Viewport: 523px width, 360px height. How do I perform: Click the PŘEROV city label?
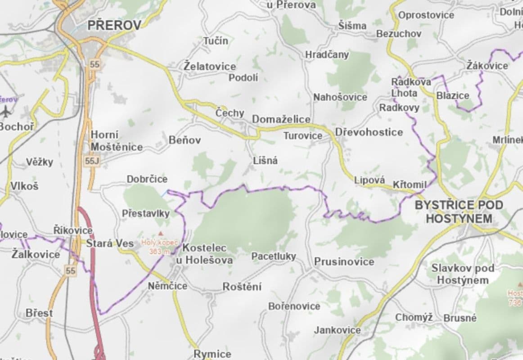pos(114,25)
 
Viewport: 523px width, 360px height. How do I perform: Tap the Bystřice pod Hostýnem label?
pos(459,212)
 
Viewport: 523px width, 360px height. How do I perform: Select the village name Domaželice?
pos(281,119)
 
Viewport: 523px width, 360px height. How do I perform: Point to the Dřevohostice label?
pos(369,132)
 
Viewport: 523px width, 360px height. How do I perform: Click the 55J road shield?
pos(91,160)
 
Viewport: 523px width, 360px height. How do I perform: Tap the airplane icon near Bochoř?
pos(6,110)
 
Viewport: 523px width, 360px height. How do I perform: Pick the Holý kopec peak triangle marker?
pos(160,233)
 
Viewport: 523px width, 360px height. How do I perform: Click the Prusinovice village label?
pos(344,261)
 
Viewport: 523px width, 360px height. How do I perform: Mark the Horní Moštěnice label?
pos(117,141)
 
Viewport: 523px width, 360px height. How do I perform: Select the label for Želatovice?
pos(210,66)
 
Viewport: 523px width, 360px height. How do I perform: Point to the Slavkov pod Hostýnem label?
pos(463,274)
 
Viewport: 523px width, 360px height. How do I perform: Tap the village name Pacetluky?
pos(274,256)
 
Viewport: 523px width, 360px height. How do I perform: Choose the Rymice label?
pos(212,354)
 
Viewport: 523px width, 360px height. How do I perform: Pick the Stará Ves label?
pos(110,243)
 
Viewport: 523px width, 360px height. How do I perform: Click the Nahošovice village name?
pos(340,97)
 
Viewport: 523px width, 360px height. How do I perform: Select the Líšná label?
pos(266,161)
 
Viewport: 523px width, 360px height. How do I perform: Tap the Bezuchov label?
pos(399,34)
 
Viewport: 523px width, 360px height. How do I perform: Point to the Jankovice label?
pos(337,330)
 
